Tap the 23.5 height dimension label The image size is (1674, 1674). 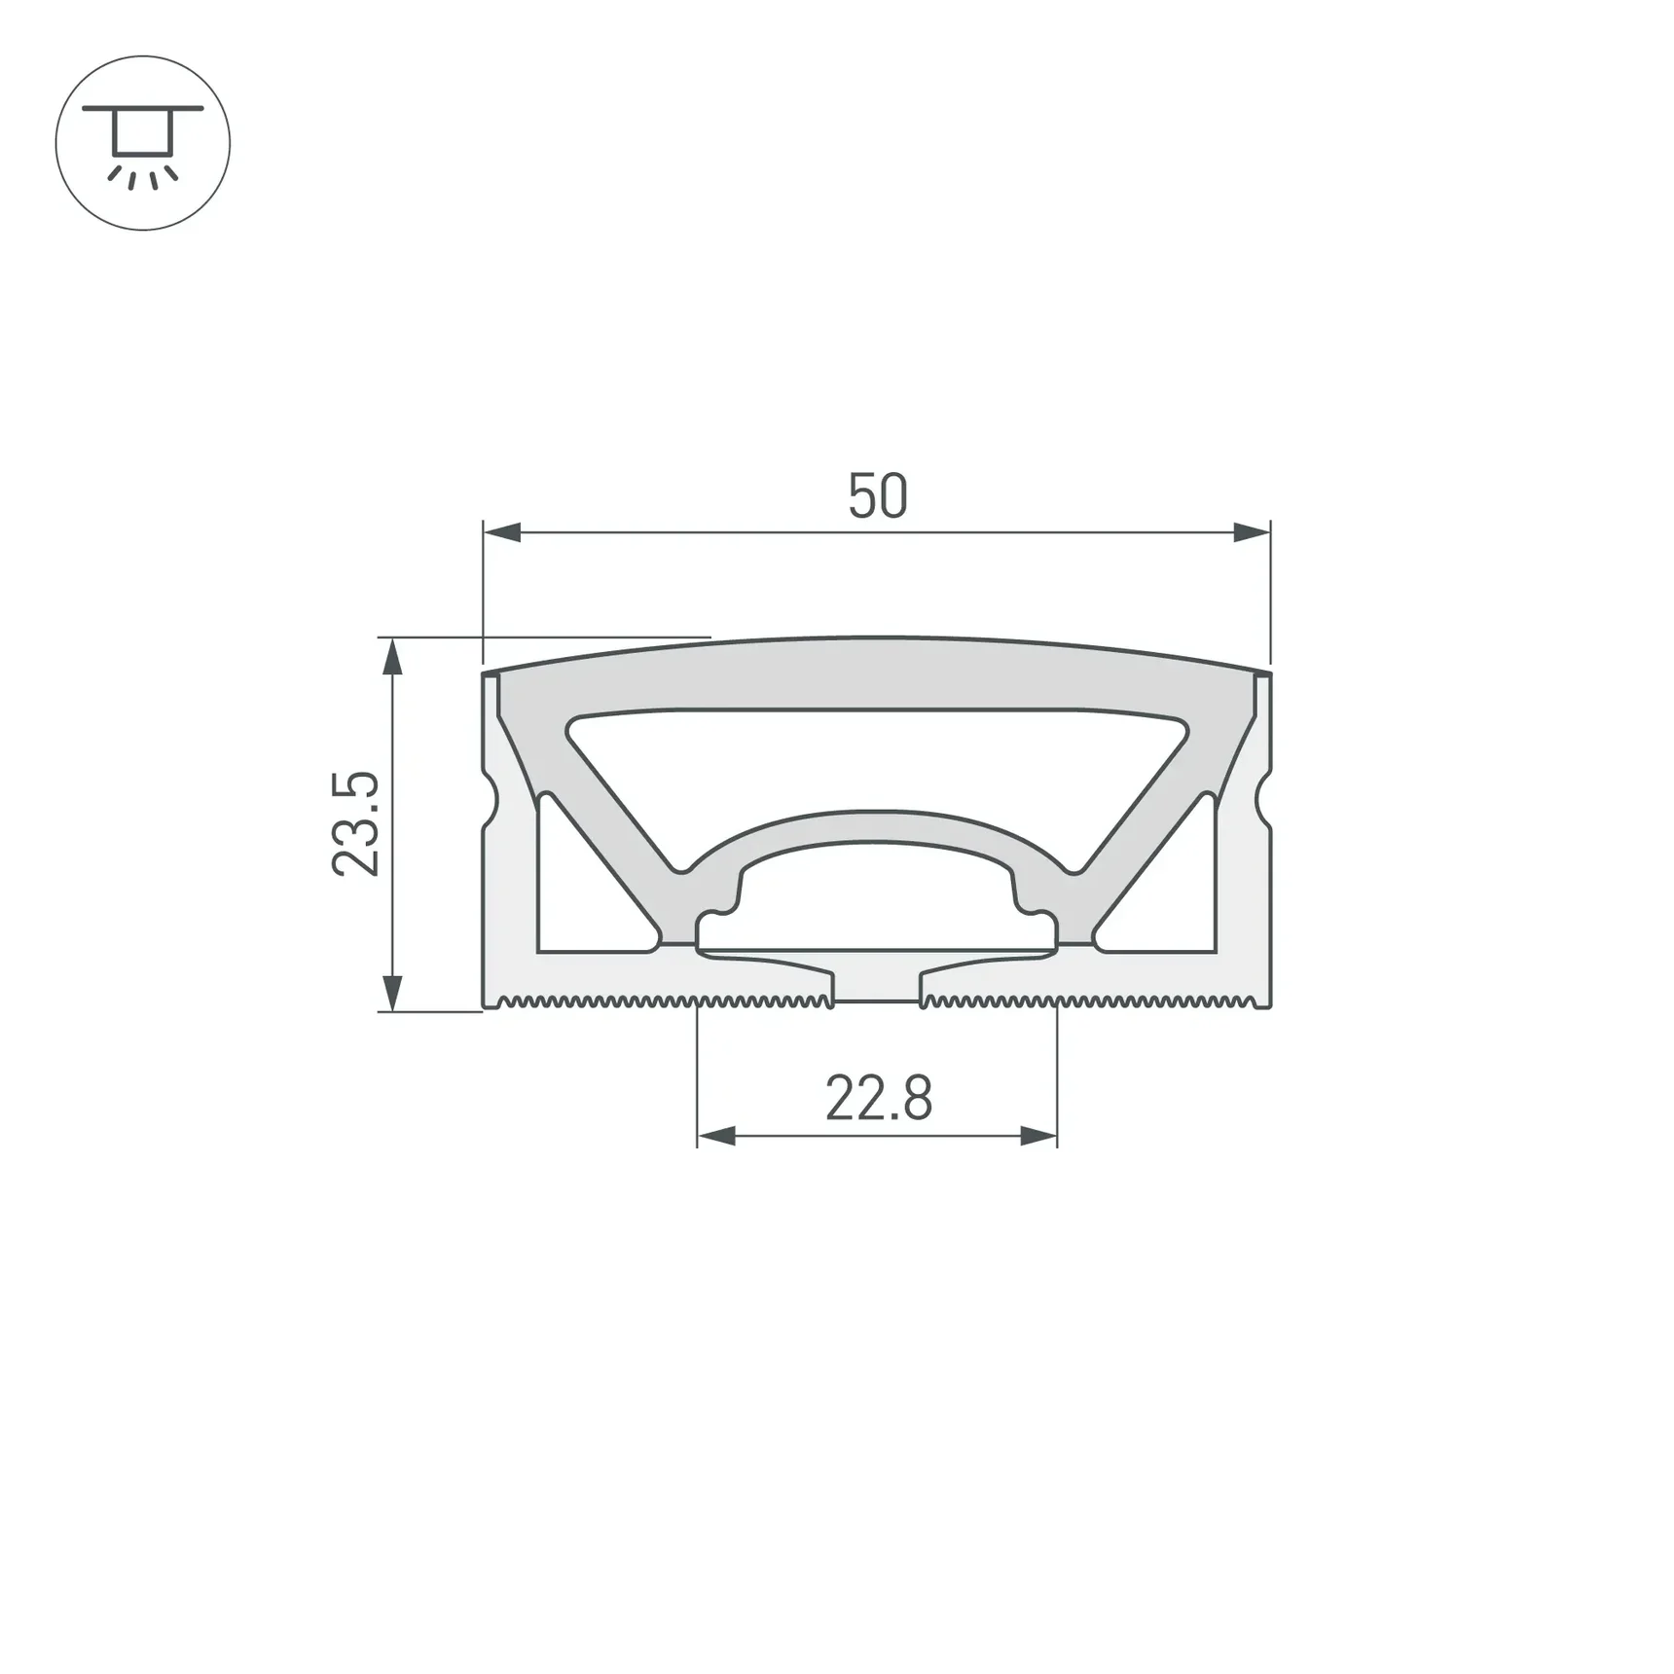(355, 823)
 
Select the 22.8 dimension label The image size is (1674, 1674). (879, 1098)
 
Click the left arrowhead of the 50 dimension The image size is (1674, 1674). (502, 532)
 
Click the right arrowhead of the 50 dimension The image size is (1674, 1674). (1252, 532)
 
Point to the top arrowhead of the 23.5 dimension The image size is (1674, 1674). (391, 657)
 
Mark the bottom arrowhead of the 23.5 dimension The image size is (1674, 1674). (391, 993)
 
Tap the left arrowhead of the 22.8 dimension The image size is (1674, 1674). (716, 1136)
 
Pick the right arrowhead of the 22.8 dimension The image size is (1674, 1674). (1038, 1136)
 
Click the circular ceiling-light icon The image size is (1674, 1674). (143, 143)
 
